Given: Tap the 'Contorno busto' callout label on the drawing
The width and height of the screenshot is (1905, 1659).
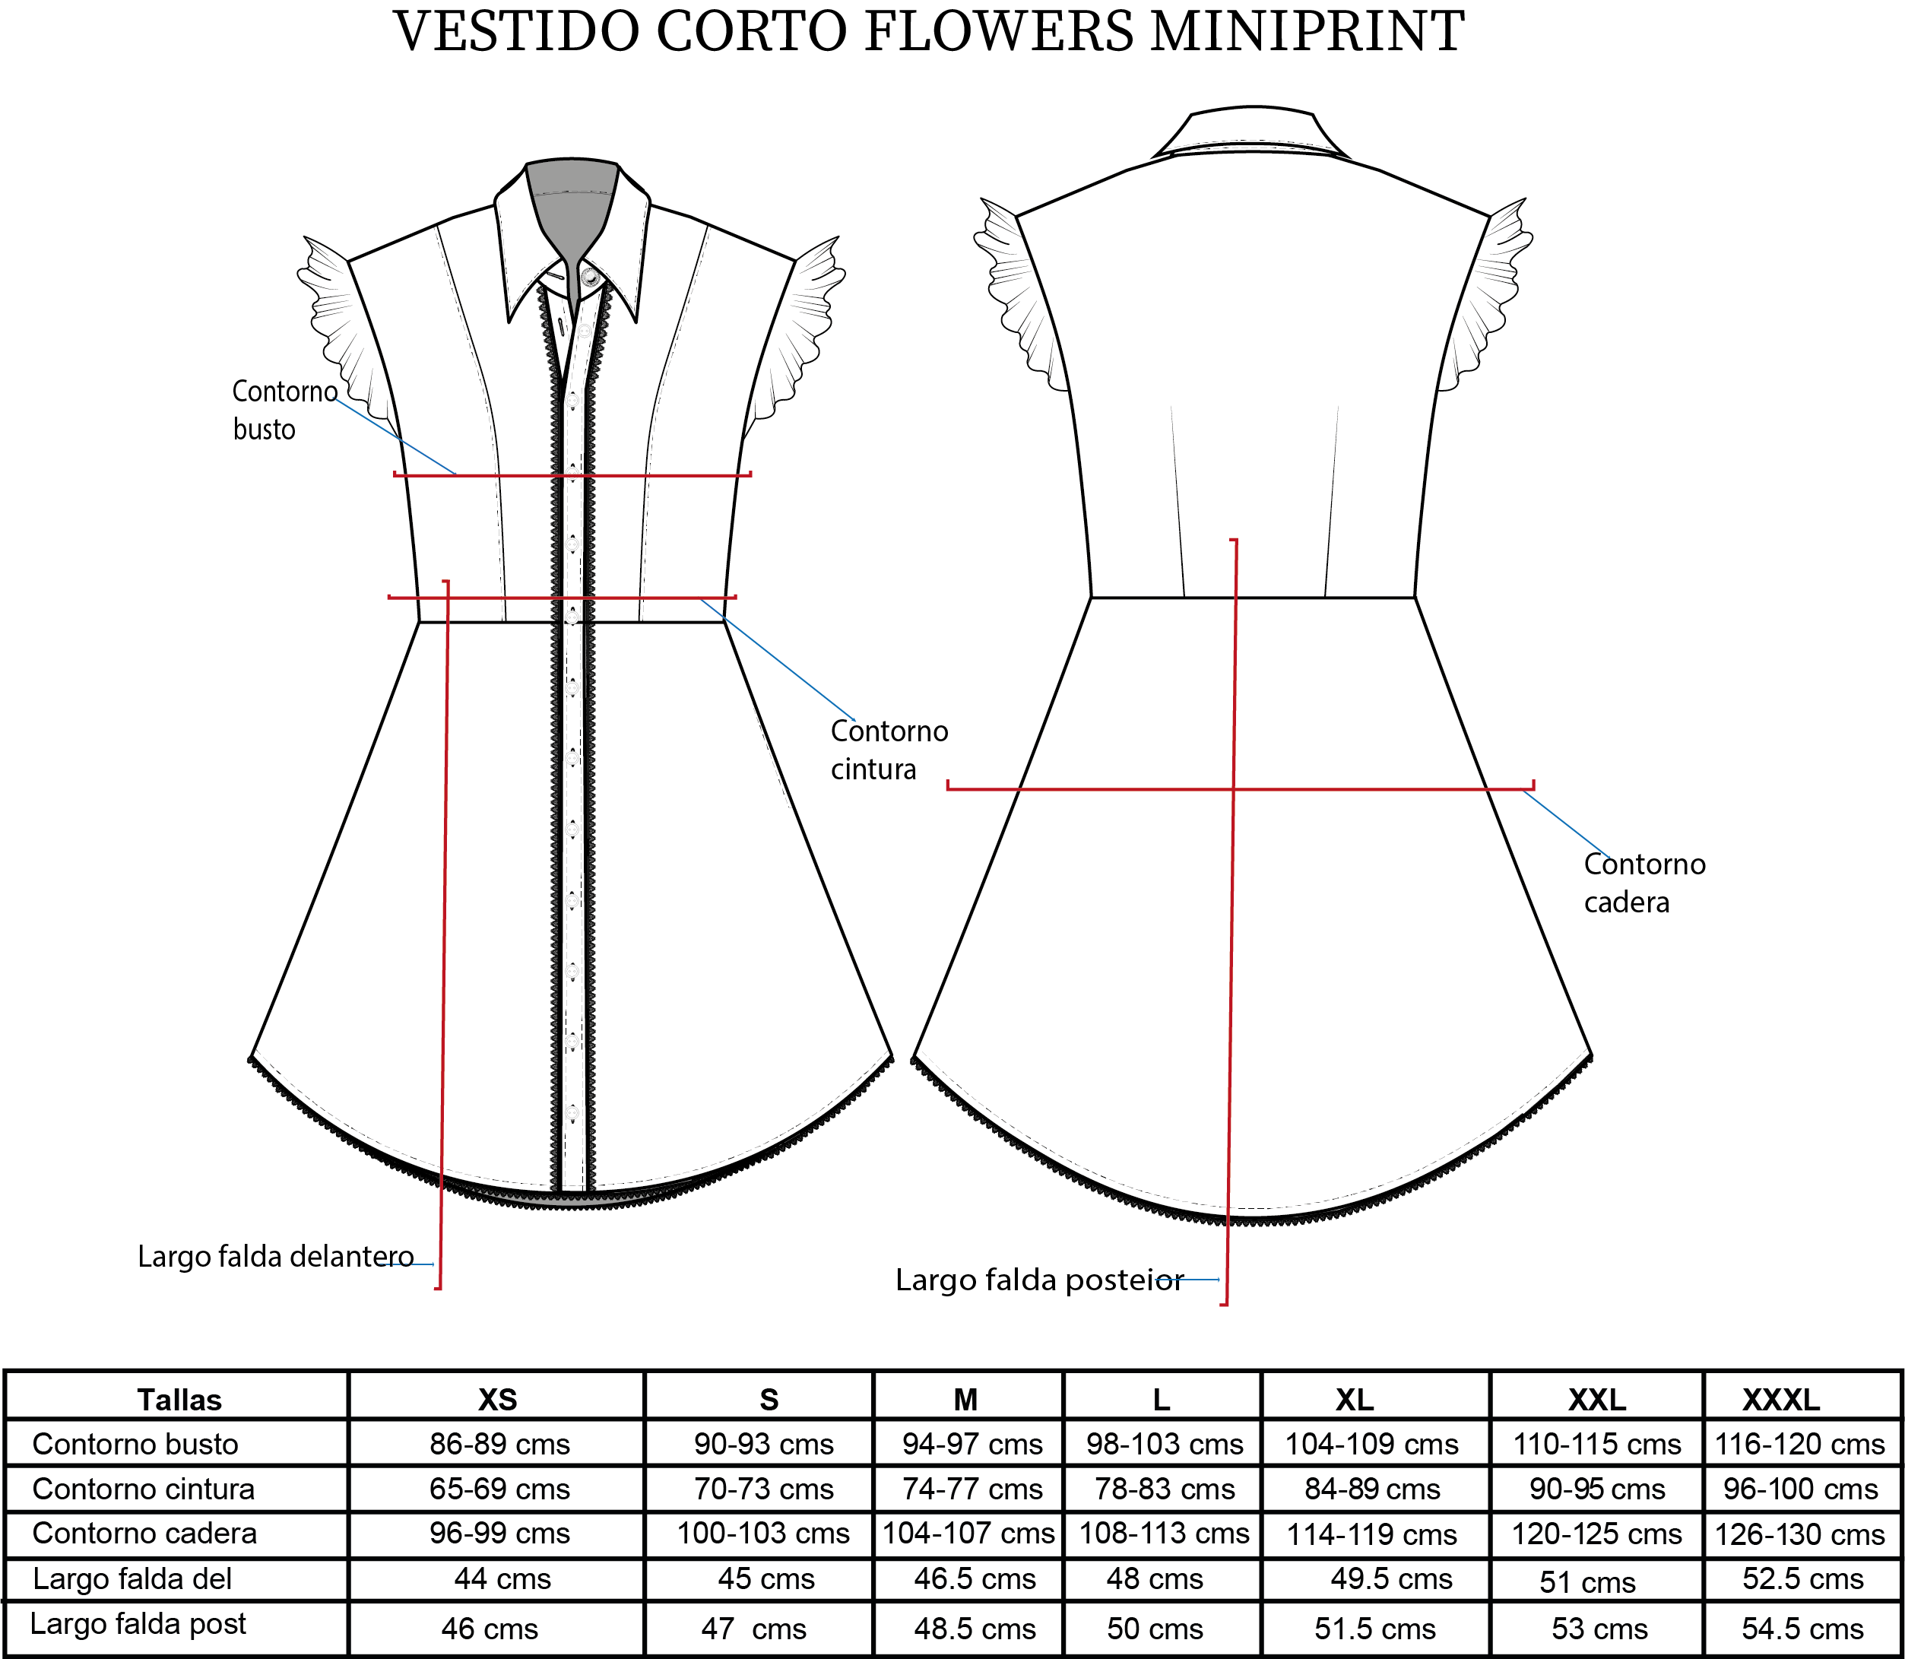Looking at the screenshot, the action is click(284, 410).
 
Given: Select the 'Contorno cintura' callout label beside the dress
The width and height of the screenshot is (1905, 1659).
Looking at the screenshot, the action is click(889, 750).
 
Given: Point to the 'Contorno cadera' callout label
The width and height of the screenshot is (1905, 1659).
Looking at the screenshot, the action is click(1644, 882).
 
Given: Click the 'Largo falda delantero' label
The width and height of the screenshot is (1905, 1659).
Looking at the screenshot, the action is click(276, 1256).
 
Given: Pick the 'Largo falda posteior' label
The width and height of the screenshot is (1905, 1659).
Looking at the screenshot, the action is click(1039, 1280).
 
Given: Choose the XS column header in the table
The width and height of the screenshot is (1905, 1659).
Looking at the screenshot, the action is click(497, 1399).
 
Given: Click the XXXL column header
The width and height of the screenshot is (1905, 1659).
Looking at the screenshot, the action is click(1781, 1399).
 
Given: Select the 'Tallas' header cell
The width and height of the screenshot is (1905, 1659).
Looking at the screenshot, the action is click(179, 1400).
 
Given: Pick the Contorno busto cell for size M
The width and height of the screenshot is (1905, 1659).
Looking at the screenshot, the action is click(972, 1445).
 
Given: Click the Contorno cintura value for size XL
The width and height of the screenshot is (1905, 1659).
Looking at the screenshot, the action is click(1372, 1489).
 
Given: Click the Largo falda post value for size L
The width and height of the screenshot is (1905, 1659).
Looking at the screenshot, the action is click(1155, 1629).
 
